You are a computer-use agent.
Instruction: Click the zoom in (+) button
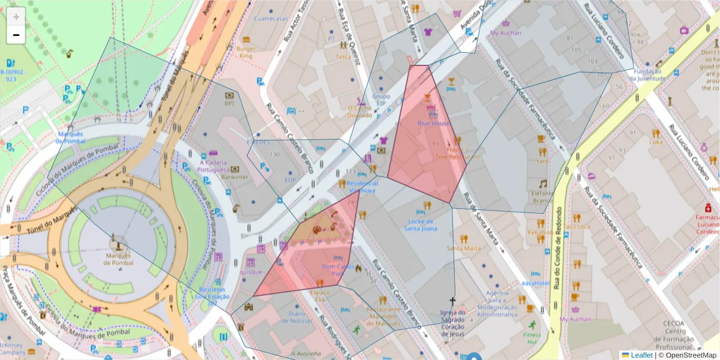click(x=16, y=17)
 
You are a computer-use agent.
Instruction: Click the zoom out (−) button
click(x=16, y=35)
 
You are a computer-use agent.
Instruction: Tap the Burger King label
click(x=245, y=52)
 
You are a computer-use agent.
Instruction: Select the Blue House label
click(x=434, y=123)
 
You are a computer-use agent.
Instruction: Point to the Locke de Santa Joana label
click(x=421, y=224)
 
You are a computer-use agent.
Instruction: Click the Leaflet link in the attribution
click(x=641, y=355)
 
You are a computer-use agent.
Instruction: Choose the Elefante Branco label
click(x=542, y=197)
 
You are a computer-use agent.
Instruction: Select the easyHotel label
click(x=536, y=283)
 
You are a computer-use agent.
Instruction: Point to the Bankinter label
click(x=235, y=177)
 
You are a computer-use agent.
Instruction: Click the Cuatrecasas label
click(x=272, y=19)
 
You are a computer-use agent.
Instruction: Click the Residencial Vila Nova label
click(x=362, y=187)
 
